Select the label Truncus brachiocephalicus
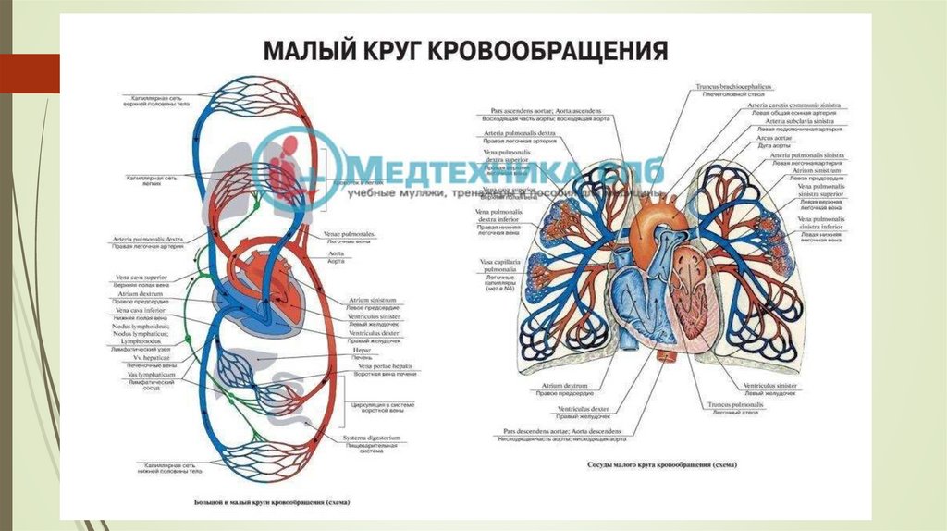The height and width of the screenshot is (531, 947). (x=732, y=86)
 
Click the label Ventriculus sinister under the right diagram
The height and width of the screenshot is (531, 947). (x=769, y=384)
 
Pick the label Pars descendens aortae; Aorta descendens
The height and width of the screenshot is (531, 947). (x=558, y=431)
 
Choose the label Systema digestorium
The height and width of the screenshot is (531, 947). (x=375, y=437)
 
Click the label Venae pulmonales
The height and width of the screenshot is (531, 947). (x=349, y=234)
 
